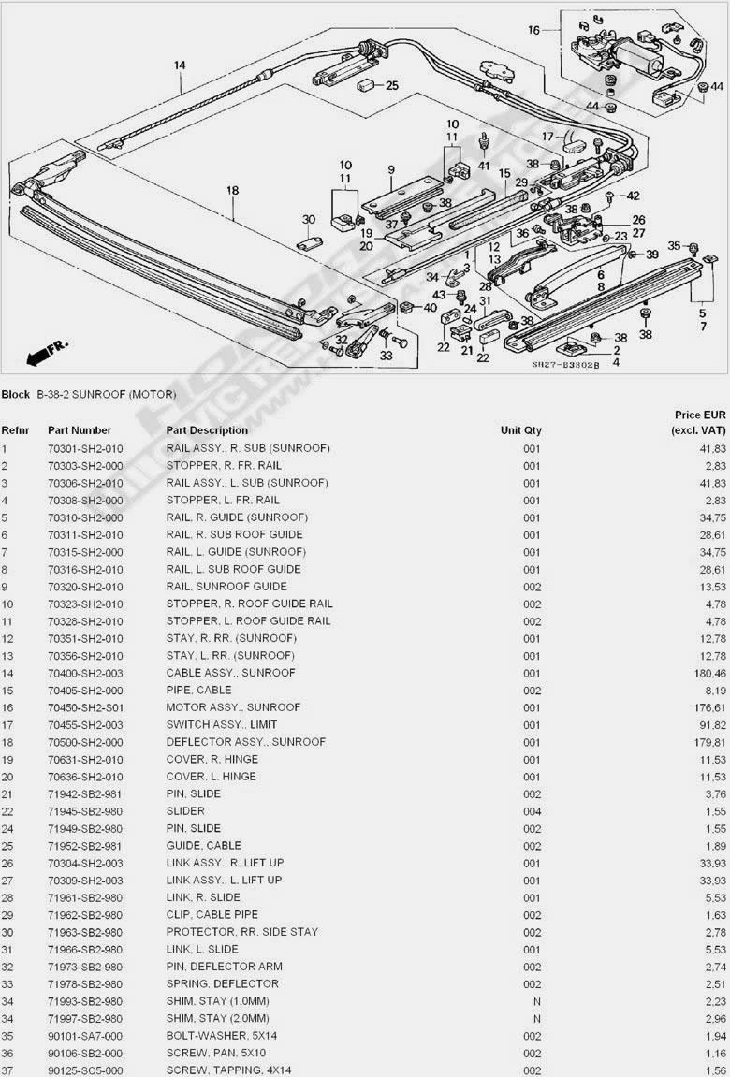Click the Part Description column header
click(x=207, y=430)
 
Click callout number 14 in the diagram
click(x=180, y=65)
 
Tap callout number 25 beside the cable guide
click(x=391, y=86)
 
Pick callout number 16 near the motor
click(x=533, y=30)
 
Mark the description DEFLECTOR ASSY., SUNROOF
click(x=245, y=742)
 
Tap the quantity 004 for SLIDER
click(x=532, y=811)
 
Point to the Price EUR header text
click(x=700, y=415)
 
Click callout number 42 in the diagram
click(x=633, y=196)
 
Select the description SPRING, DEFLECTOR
click(x=222, y=984)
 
